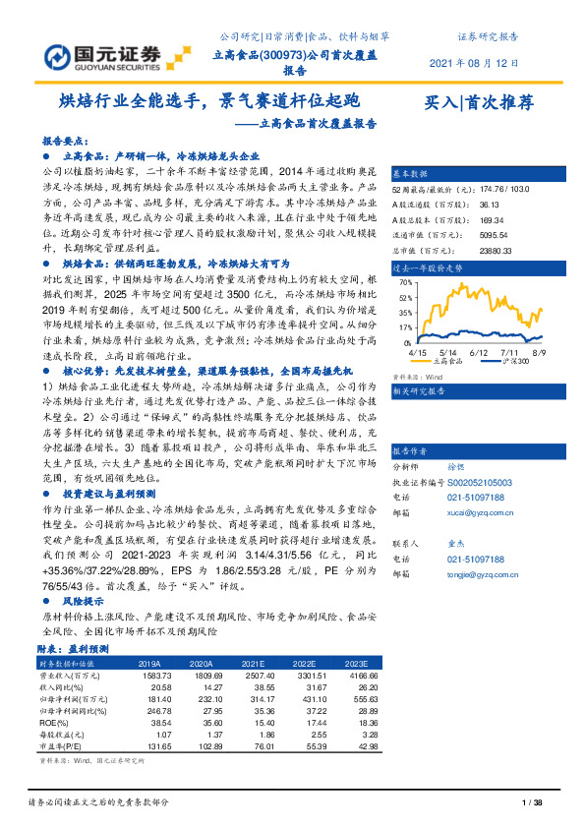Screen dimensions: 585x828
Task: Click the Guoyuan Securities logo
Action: pyautogui.click(x=102, y=54)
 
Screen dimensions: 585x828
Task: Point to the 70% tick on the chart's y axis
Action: pyautogui.click(x=406, y=282)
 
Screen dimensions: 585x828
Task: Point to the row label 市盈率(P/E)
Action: pyautogui.click(x=63, y=745)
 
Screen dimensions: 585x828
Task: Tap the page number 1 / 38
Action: pyautogui.click(x=531, y=804)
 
